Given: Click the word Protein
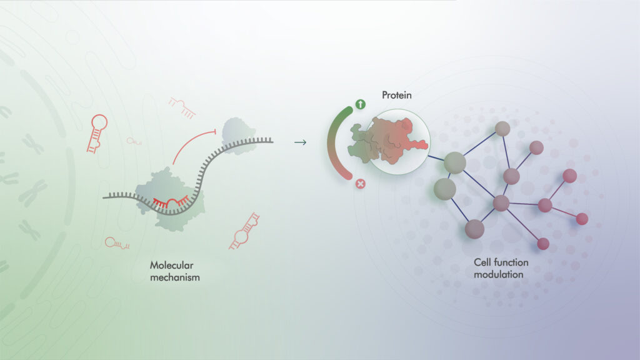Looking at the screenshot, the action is (396, 95).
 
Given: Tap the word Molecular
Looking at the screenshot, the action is (171, 265).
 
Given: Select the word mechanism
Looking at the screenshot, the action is (175, 277).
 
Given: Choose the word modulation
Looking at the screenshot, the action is (498, 274).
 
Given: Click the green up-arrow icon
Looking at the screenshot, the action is (360, 104).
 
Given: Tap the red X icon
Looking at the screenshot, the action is (360, 184).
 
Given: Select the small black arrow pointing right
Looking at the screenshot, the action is (301, 142).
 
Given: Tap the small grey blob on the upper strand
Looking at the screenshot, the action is (238, 136).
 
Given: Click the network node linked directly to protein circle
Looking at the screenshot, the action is (455, 162).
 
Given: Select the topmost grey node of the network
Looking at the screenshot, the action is (502, 129).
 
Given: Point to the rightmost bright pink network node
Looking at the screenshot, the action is (582, 219).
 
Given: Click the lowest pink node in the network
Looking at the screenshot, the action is (543, 244).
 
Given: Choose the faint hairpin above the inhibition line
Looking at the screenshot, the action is (182, 107).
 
